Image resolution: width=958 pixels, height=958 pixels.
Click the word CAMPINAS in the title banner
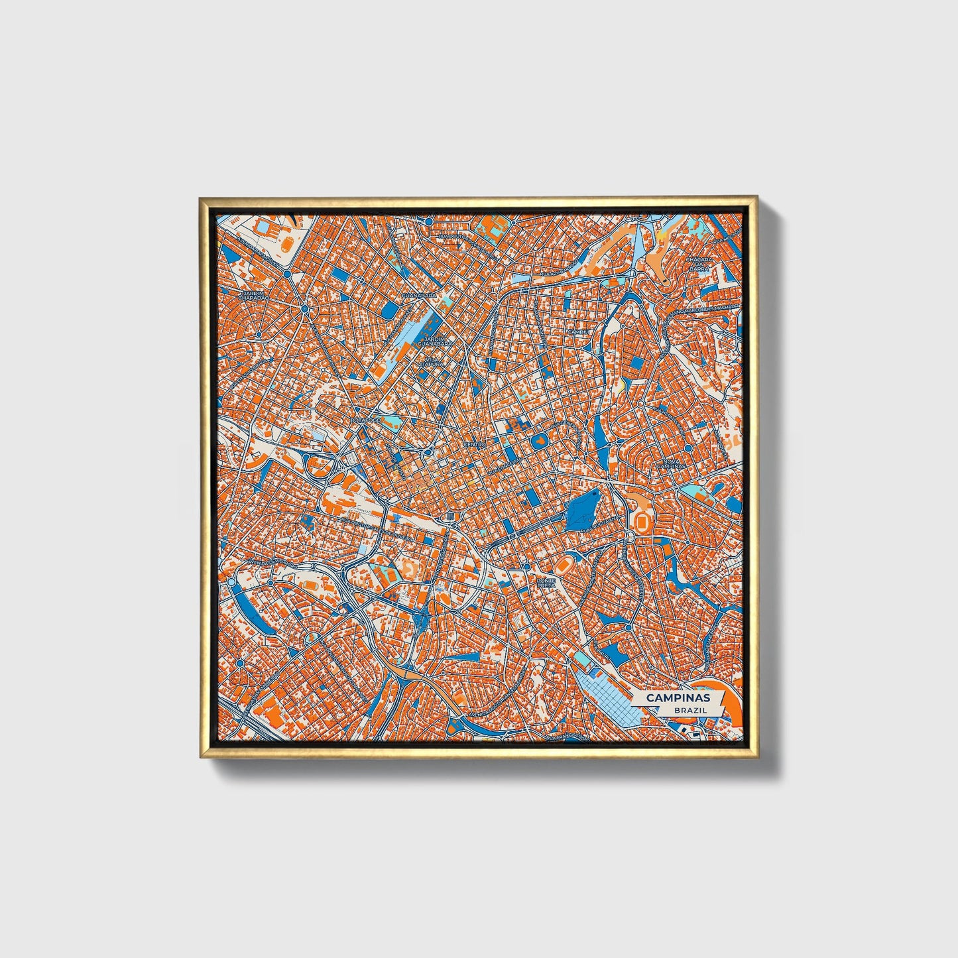pos(677,698)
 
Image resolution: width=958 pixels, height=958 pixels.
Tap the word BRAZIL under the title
pos(689,709)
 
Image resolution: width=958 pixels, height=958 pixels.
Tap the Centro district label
pos(475,444)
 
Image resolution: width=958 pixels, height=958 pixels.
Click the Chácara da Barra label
pos(698,265)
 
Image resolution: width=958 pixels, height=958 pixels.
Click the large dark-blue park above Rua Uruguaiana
pos(584,509)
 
